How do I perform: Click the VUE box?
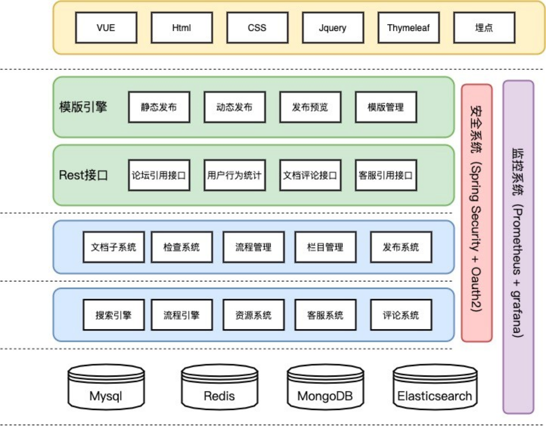(106, 28)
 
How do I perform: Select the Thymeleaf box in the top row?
(408, 28)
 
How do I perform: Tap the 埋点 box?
(484, 28)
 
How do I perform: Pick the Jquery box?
(333, 28)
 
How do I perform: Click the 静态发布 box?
(159, 107)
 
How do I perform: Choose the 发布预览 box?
(310, 107)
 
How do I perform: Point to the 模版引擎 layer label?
(83, 107)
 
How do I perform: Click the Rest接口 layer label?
(83, 175)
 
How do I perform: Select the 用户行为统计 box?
(234, 175)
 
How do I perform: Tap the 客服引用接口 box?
(386, 175)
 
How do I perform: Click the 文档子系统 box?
(113, 247)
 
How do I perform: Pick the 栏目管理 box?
(325, 247)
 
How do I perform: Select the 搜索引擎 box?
(113, 315)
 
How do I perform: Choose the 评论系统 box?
(401, 315)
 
